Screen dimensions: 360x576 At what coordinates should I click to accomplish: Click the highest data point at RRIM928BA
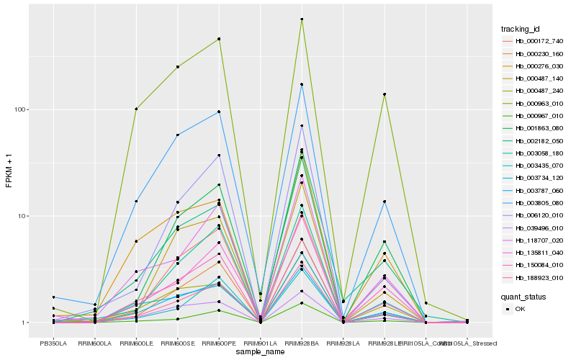pos(302,19)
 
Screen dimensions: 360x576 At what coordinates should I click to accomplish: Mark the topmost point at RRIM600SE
pos(177,67)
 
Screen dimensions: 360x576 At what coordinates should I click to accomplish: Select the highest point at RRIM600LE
pos(136,109)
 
